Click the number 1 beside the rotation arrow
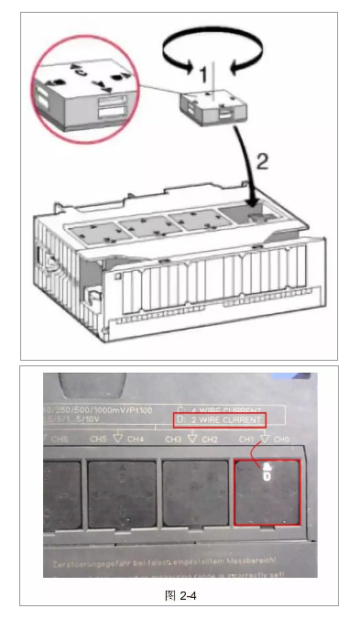click(206, 70)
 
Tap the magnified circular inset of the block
click(82, 90)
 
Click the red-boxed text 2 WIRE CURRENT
click(222, 419)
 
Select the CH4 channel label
click(136, 440)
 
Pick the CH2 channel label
click(209, 440)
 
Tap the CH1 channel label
click(245, 440)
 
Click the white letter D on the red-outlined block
click(266, 474)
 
